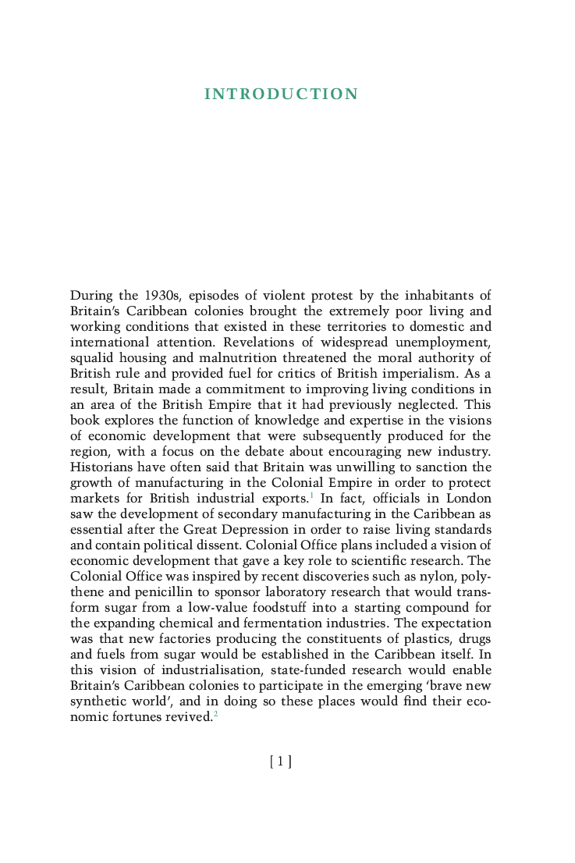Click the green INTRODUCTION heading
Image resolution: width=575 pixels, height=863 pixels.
(281, 94)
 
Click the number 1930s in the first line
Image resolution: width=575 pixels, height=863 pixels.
(163, 295)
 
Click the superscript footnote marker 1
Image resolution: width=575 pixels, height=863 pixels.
(311, 495)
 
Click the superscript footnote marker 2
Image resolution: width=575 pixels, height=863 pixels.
(215, 714)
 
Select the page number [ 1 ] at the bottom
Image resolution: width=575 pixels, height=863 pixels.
(281, 762)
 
